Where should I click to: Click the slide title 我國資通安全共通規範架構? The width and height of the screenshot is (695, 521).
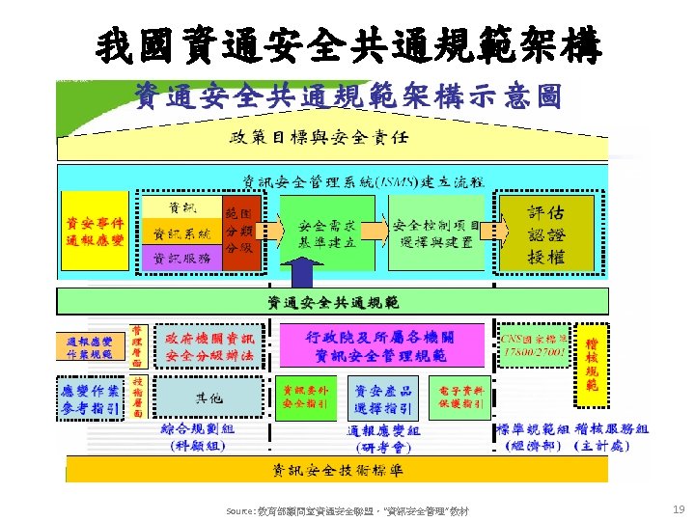[x=347, y=43]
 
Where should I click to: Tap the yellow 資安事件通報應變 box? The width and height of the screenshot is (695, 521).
[x=94, y=231]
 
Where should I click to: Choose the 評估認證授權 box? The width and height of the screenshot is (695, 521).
[x=545, y=232]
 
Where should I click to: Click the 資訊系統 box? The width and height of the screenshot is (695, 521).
[x=181, y=233]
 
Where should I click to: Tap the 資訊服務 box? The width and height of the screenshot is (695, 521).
[x=181, y=258]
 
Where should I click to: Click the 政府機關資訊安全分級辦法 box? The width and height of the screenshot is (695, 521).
[x=209, y=346]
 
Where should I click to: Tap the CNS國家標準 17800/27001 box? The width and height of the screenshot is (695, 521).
[x=533, y=345]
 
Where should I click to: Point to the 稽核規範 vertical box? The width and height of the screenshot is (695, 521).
[x=593, y=364]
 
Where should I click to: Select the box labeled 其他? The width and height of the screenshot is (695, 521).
[x=208, y=398]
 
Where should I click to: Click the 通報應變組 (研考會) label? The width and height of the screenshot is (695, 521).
[x=383, y=438]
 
